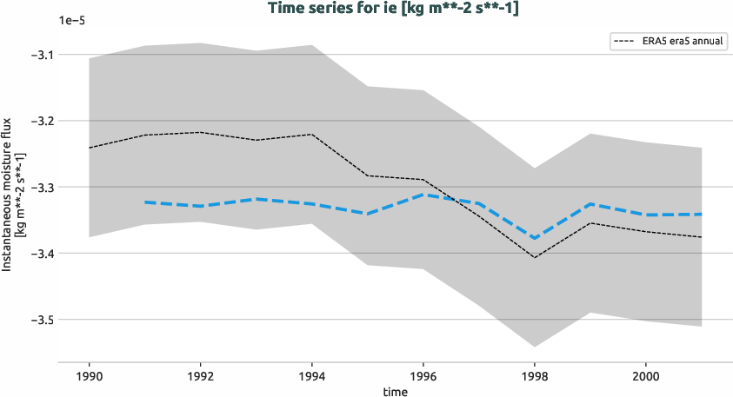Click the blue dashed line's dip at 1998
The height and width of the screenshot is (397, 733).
(534, 238)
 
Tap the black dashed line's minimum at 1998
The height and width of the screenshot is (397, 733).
(534, 257)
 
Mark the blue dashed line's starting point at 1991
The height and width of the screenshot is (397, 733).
(145, 202)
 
